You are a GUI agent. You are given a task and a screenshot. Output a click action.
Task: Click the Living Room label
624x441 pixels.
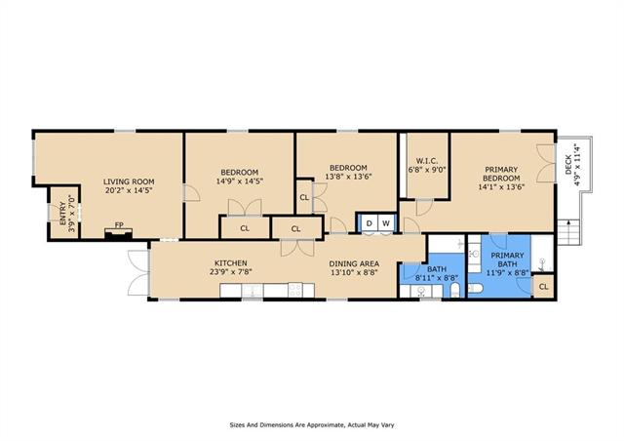click(x=129, y=181)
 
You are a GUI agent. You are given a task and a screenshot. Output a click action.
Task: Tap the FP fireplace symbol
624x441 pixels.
click(x=118, y=234)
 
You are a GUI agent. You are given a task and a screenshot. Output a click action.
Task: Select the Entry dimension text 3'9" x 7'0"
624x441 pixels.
click(x=71, y=214)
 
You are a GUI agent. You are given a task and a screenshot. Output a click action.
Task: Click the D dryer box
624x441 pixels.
click(x=369, y=223)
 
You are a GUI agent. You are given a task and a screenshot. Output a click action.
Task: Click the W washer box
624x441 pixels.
click(x=386, y=223)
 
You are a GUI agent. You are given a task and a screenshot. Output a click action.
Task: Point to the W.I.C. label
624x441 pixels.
click(x=427, y=161)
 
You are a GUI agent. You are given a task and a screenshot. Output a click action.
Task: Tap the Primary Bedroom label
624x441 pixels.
click(x=501, y=174)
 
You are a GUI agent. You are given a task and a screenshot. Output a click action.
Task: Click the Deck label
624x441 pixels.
click(x=568, y=165)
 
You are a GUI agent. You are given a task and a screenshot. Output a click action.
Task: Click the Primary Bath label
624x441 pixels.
click(x=507, y=260)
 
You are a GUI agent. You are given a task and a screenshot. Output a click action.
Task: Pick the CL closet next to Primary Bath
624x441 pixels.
click(x=544, y=287)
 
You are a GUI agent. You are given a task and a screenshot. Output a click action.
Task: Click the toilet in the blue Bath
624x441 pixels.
click(x=455, y=291)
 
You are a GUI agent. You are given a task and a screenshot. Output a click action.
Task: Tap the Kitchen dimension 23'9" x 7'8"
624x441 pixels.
click(x=231, y=272)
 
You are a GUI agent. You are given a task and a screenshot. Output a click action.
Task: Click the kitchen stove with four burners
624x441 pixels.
click(x=295, y=290)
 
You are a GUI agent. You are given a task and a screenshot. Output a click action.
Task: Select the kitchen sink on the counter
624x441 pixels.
click(x=252, y=291)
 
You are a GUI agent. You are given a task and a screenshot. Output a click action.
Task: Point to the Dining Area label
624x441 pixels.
click(x=354, y=263)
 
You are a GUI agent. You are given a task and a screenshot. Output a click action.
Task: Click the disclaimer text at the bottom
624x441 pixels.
click(x=312, y=425)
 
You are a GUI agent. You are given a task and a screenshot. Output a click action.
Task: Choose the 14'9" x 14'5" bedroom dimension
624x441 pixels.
click(x=240, y=180)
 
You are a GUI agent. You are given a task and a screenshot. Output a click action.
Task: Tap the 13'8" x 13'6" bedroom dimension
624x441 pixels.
click(x=348, y=176)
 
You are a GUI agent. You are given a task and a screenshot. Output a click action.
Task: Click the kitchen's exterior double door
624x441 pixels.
click(x=138, y=273)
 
